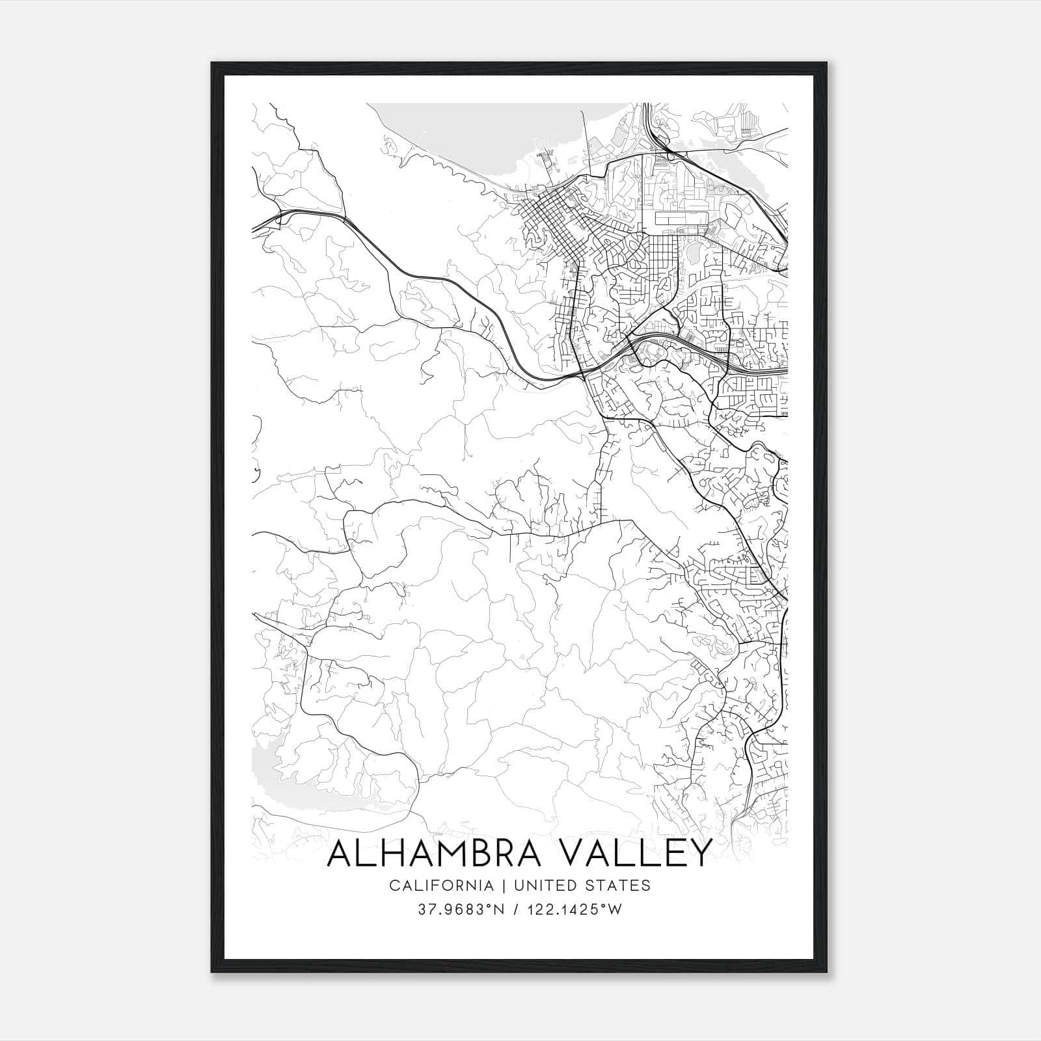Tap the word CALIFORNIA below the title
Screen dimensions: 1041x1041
coord(440,885)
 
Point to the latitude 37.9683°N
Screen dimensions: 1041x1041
coord(462,910)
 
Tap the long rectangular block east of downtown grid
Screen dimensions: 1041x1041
coord(681,217)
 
